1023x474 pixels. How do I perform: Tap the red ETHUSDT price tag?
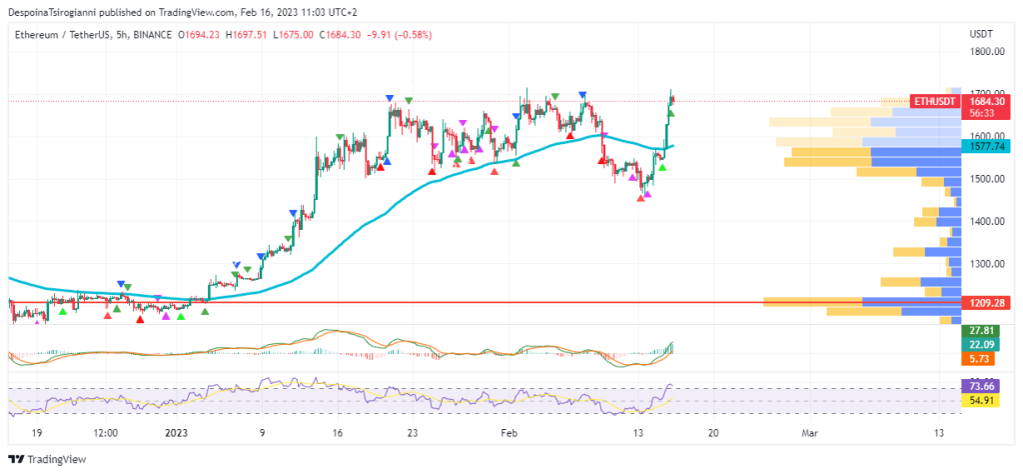tap(936, 101)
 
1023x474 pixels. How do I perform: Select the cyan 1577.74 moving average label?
tap(986, 146)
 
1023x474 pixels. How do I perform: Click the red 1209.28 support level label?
tap(986, 302)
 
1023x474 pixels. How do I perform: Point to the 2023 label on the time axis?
tap(177, 433)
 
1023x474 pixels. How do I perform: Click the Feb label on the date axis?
tap(510, 433)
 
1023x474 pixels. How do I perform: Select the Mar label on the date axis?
tap(810, 433)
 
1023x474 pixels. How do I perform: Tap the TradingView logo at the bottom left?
tap(49, 459)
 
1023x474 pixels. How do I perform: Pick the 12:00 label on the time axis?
tap(105, 433)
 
